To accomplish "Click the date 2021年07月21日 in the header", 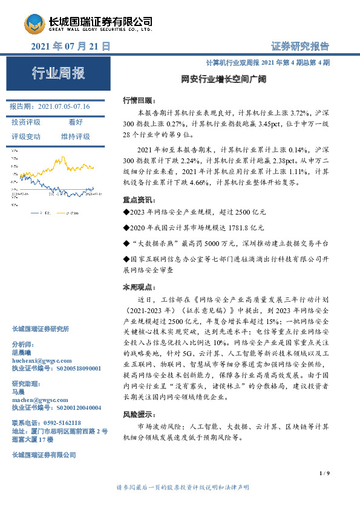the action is coord(70,46).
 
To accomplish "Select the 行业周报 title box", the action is coord(58,74).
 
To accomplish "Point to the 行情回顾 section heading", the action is coord(139,100).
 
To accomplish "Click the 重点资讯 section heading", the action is coord(139,200).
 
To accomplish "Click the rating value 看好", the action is coord(76,122).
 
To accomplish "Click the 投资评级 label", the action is coord(26,122).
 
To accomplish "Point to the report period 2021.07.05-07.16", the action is coord(64,106).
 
